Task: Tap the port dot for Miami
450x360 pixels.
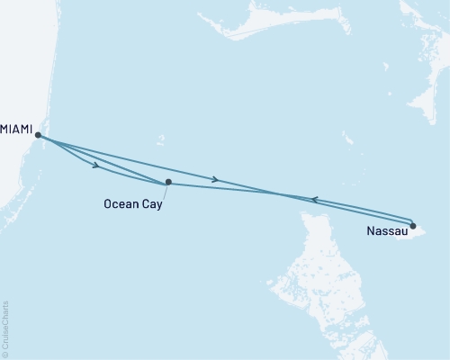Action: pyautogui.click(x=38, y=135)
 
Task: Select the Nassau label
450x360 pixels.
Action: pyautogui.click(x=386, y=232)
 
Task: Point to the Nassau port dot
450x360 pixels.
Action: pyautogui.click(x=412, y=226)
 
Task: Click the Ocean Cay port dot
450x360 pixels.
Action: pyautogui.click(x=168, y=182)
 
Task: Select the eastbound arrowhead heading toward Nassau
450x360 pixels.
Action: pyautogui.click(x=214, y=180)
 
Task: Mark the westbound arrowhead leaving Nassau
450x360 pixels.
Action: pyautogui.click(x=312, y=200)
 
